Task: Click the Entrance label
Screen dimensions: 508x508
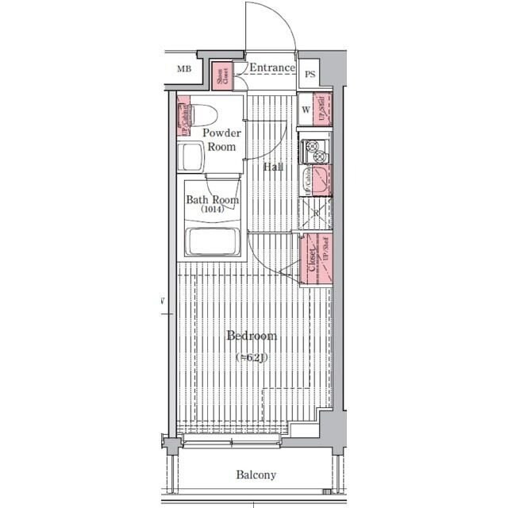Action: coord(271,68)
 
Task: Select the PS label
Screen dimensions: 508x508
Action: coord(310,75)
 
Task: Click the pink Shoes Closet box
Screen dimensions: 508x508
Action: coord(221,75)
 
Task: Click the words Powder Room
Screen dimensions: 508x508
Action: coord(221,140)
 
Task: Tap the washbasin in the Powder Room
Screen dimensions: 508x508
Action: coord(192,158)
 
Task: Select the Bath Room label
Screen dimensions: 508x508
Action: coord(212,200)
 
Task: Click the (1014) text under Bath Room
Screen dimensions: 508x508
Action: coord(212,210)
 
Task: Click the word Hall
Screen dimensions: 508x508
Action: coord(273,167)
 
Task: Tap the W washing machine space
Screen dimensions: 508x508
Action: coord(305,110)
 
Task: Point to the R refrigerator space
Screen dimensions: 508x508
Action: coord(315,214)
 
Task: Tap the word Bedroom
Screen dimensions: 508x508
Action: coord(252,337)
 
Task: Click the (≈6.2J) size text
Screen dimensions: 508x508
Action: coord(252,358)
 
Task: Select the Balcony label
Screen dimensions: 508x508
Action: coord(256,475)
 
